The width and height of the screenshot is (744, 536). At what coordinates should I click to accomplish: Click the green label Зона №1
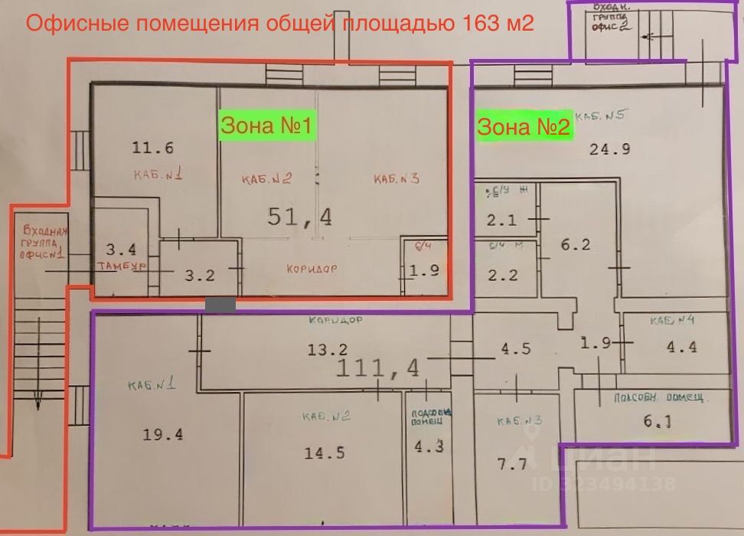[266, 126]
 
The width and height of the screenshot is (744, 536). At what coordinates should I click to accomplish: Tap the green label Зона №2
[524, 126]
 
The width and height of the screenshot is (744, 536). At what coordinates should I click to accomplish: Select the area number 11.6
[153, 149]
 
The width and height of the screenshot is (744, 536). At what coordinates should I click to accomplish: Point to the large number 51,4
[300, 217]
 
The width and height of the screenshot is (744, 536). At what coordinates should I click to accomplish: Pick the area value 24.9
[609, 149]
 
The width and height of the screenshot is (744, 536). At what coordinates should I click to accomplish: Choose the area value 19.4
[163, 435]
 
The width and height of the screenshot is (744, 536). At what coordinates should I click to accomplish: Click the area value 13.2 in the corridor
[328, 350]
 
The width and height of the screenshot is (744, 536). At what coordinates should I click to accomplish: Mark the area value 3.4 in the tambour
[121, 249]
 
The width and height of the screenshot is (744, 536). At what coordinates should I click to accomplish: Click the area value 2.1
[501, 221]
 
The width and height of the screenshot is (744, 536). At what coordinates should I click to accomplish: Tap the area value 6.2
[576, 245]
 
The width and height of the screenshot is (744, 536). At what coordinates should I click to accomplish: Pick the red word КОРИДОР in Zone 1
[312, 270]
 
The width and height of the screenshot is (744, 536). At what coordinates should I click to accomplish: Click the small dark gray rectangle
[220, 304]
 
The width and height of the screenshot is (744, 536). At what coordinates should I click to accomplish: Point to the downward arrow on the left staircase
[38, 398]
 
